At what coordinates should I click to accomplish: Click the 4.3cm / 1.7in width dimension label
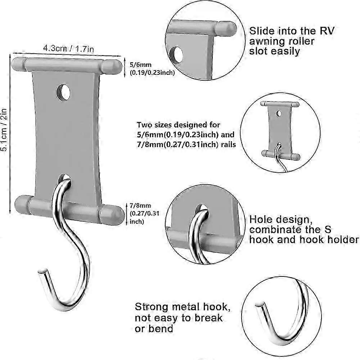point(68,49)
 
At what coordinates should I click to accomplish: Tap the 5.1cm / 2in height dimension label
point(4,130)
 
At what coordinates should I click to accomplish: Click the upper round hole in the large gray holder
point(63,92)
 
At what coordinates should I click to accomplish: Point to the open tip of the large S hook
point(42,271)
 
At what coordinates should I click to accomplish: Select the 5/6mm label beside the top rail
point(140,65)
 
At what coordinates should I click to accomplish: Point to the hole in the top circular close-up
point(176,55)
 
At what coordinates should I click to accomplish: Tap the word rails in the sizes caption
point(228,144)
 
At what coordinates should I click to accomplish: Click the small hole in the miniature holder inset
point(279,113)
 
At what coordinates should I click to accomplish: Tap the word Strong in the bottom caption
point(152,307)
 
